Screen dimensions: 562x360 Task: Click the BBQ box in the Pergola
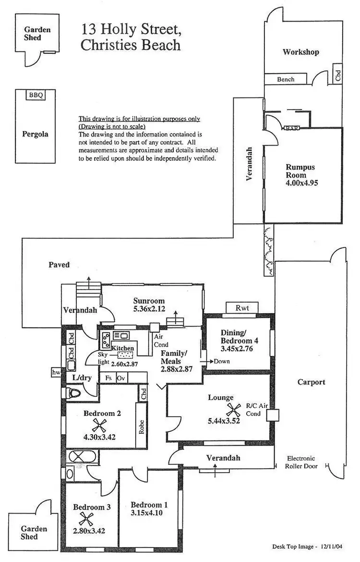coord(36,95)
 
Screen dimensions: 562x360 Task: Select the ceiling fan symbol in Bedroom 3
coord(86,518)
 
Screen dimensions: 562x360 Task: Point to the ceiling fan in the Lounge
coord(234,409)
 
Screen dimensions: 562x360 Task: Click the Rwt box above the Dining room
coord(241,308)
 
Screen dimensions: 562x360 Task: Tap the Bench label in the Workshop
coord(286,79)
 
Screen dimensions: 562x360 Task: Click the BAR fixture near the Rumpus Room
coord(290,128)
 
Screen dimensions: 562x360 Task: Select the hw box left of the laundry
coord(55,372)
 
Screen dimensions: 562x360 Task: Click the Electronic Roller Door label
coord(303,462)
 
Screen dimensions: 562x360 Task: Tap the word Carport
coord(311,382)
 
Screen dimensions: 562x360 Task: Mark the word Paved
coord(59,265)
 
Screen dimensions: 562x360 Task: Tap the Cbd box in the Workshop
coord(338,73)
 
